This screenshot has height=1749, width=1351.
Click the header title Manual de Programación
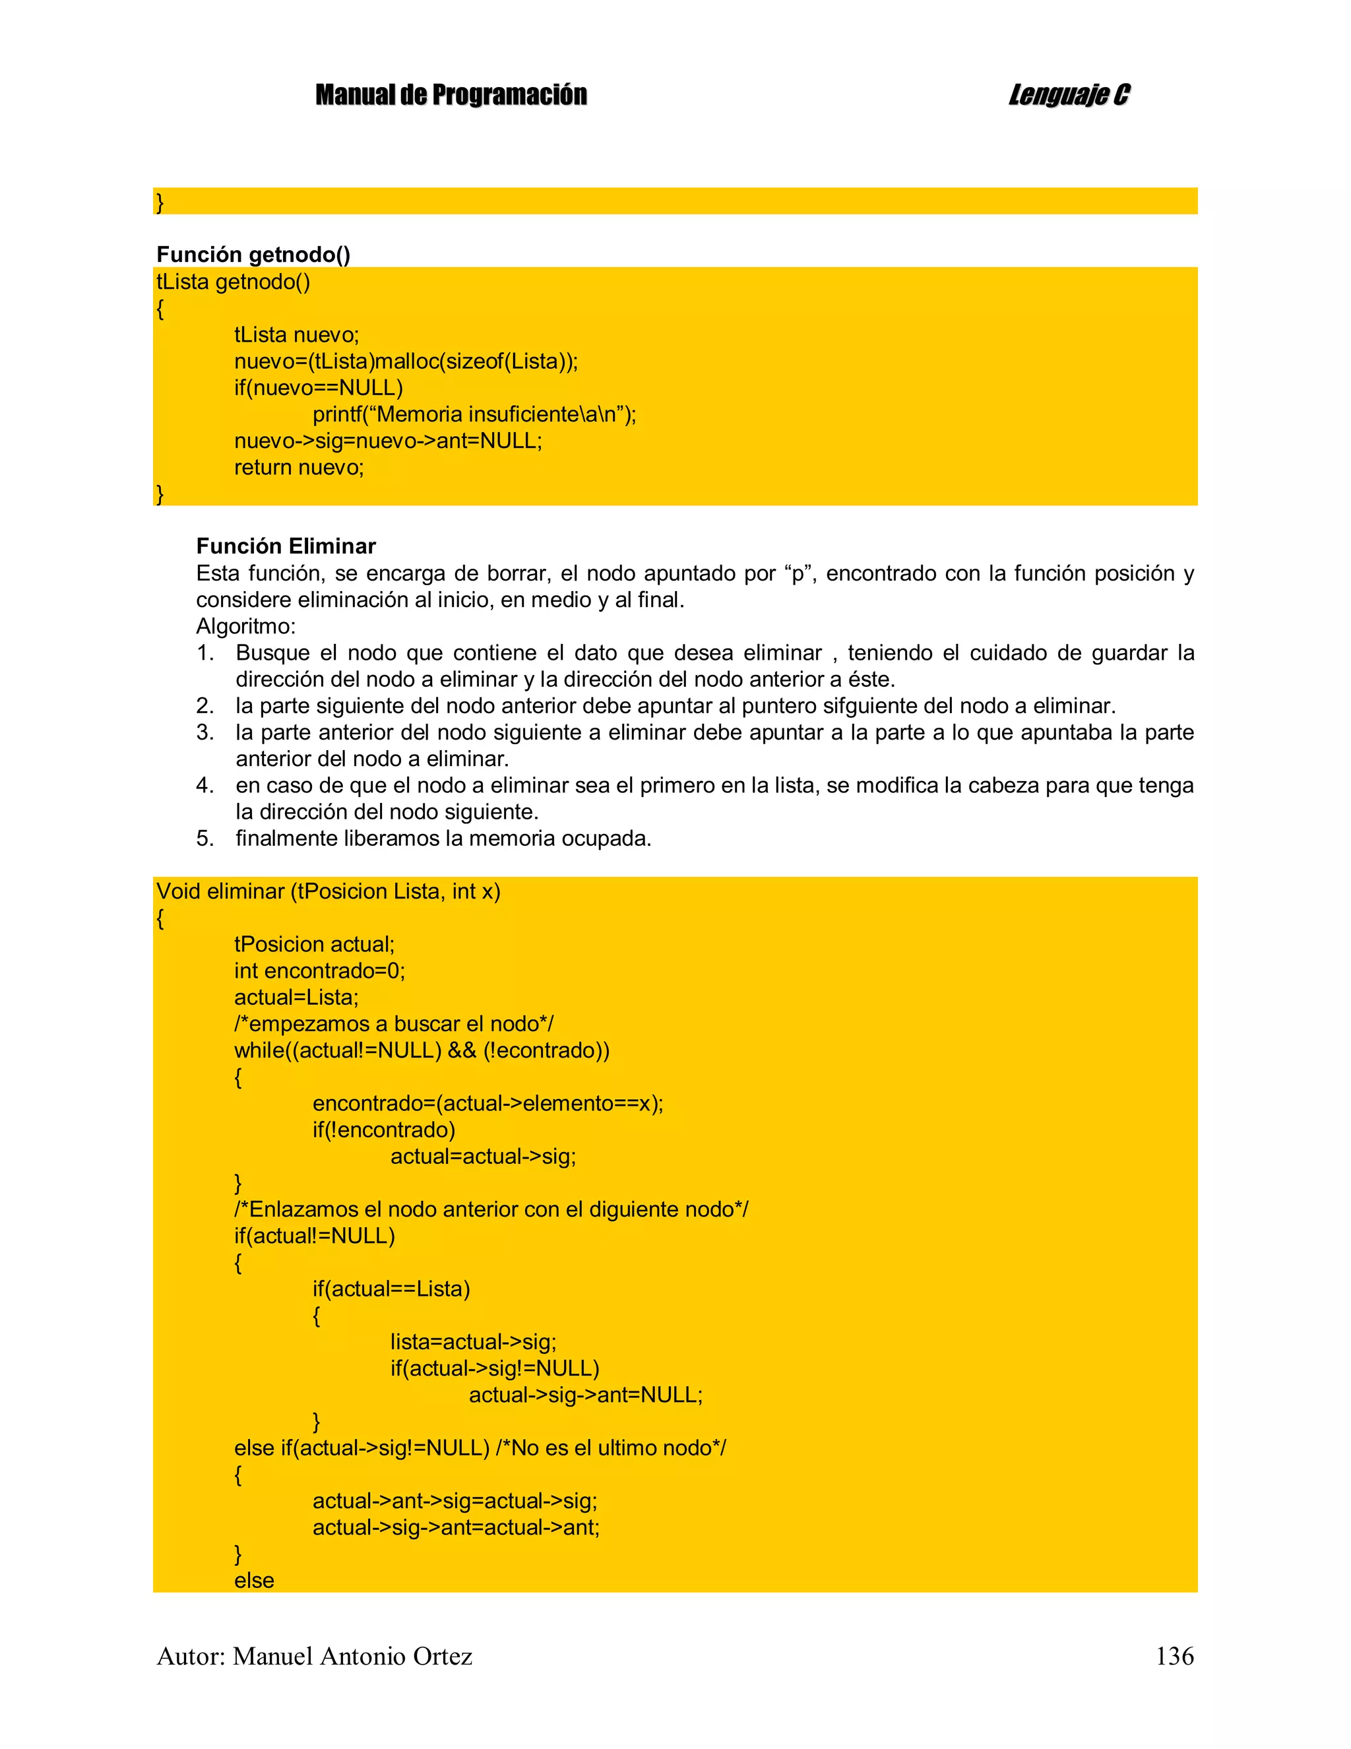(451, 94)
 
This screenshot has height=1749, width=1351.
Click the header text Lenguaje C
(1068, 94)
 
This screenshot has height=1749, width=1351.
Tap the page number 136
(1174, 1655)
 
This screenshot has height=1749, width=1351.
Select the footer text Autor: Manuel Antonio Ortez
(314, 1655)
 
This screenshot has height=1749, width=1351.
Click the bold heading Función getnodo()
(253, 255)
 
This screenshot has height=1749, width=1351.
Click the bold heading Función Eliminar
(286, 546)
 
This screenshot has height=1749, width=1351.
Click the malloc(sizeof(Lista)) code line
(405, 361)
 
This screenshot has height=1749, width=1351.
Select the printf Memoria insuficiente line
(474, 414)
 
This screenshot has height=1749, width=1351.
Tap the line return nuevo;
(299, 468)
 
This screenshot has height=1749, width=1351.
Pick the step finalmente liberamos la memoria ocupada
(443, 839)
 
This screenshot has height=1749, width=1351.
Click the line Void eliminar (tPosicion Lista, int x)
(329, 891)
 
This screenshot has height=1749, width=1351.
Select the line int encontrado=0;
(319, 970)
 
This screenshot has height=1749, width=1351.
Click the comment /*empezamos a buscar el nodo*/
(393, 1023)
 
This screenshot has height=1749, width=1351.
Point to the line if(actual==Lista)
(391, 1288)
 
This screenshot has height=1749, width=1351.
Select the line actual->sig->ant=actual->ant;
(456, 1527)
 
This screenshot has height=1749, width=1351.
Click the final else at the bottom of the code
(254, 1580)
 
